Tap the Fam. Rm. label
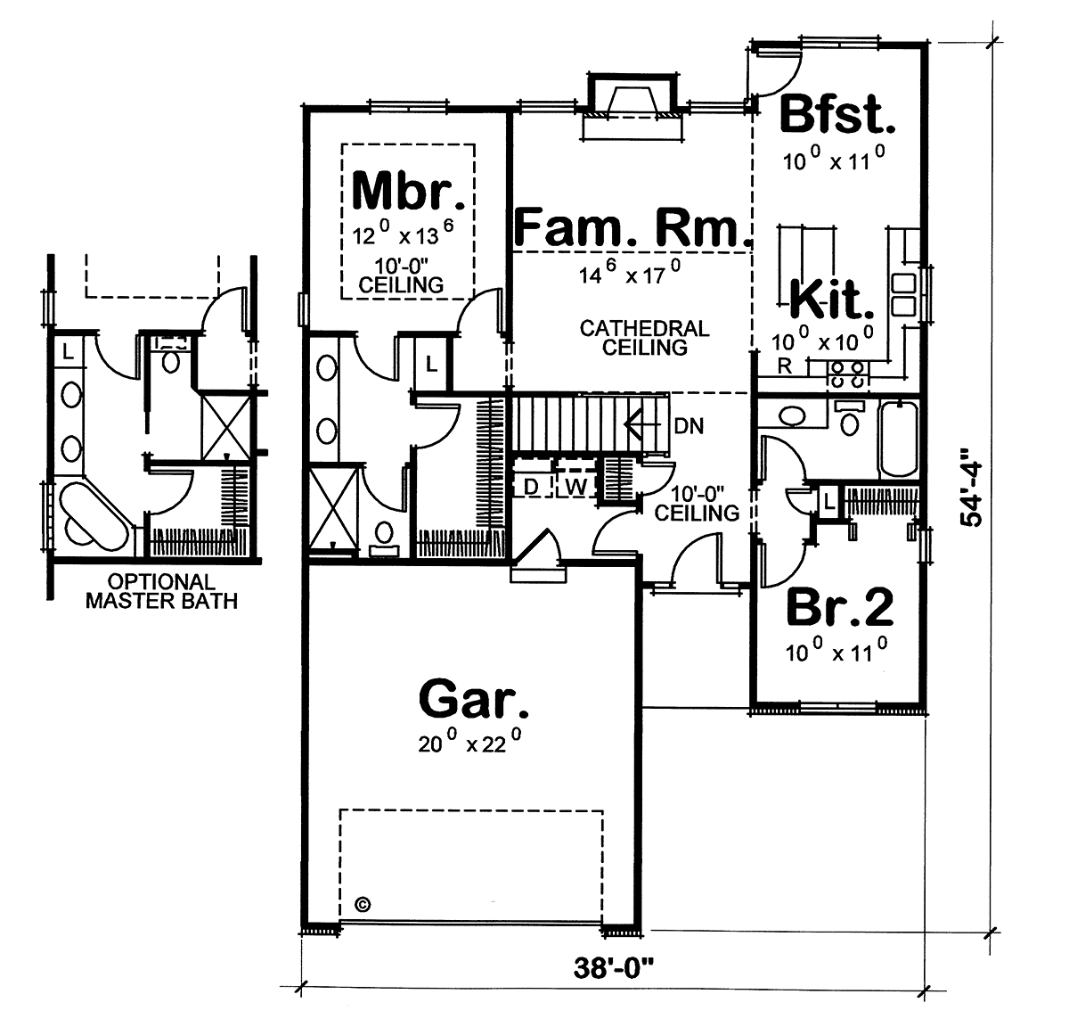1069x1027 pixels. [632, 227]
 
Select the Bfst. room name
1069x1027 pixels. [837, 115]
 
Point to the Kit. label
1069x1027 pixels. [830, 301]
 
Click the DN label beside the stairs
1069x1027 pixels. [689, 427]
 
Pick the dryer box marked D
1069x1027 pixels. [530, 487]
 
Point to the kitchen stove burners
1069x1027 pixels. [846, 374]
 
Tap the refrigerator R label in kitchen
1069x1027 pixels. [783, 366]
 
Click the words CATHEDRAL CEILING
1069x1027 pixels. [644, 338]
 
